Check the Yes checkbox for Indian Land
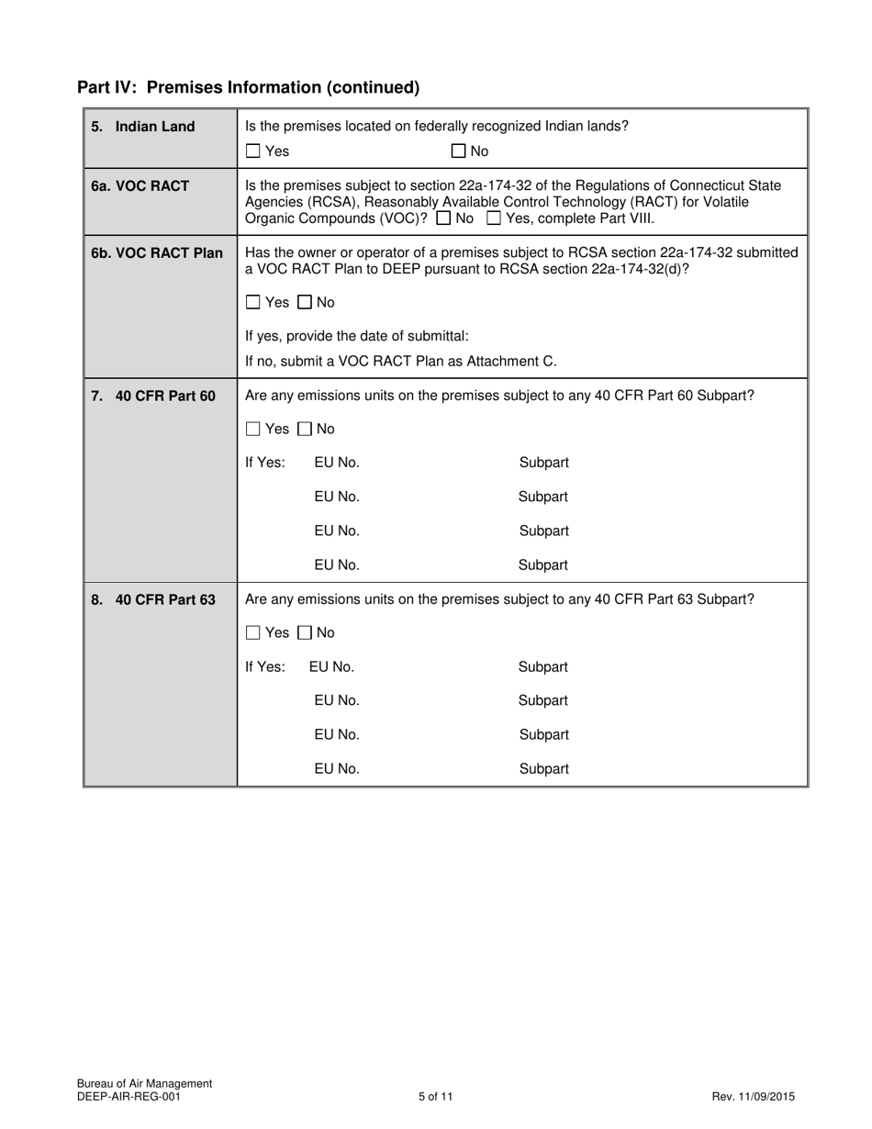(253, 151)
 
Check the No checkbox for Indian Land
(459, 151)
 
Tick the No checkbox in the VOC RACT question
(443, 219)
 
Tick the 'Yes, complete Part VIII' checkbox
(494, 219)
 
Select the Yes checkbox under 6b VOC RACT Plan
(253, 302)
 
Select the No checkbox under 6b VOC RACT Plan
(305, 302)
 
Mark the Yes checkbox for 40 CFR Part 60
(253, 429)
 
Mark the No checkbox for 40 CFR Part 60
(305, 429)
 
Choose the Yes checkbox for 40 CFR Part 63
(253, 632)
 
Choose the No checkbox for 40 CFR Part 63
(305, 632)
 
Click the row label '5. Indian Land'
(143, 127)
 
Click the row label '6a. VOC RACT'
(140, 185)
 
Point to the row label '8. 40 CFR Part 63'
(153, 599)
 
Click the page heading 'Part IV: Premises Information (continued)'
(248, 87)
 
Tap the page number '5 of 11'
(435, 1096)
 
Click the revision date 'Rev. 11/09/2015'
(753, 1096)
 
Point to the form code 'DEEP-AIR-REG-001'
(129, 1096)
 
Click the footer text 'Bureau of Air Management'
(144, 1083)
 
